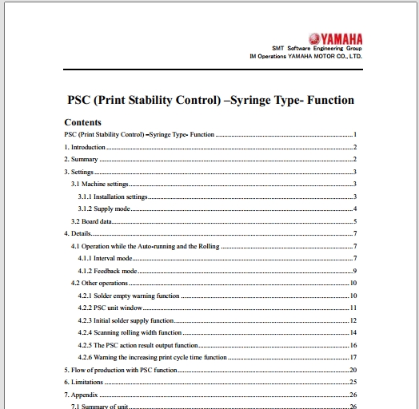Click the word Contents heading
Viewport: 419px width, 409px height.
82,122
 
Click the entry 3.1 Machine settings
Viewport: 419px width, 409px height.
100,185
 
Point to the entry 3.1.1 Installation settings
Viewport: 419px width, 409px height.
113,197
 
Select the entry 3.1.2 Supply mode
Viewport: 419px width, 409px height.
104,208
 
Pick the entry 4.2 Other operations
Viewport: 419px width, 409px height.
99,284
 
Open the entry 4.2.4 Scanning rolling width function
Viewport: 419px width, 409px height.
130,332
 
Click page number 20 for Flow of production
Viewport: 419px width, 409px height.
353,371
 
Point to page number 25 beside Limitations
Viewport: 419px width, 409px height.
353,383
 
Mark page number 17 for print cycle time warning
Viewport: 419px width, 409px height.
353,358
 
